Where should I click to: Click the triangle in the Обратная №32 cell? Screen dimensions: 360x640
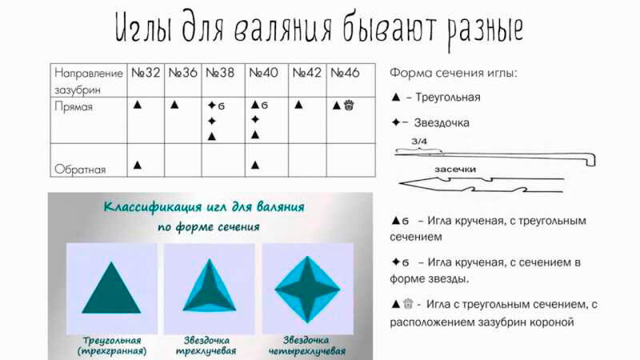point(138,165)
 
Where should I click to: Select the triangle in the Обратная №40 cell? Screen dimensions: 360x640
point(255,165)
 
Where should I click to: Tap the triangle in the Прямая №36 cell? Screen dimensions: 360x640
point(174,104)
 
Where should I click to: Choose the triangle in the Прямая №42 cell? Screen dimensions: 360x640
point(298,104)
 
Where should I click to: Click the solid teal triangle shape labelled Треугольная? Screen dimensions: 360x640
point(111,287)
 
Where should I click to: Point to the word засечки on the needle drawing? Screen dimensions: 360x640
point(456,170)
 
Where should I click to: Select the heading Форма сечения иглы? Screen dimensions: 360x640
point(454,73)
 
